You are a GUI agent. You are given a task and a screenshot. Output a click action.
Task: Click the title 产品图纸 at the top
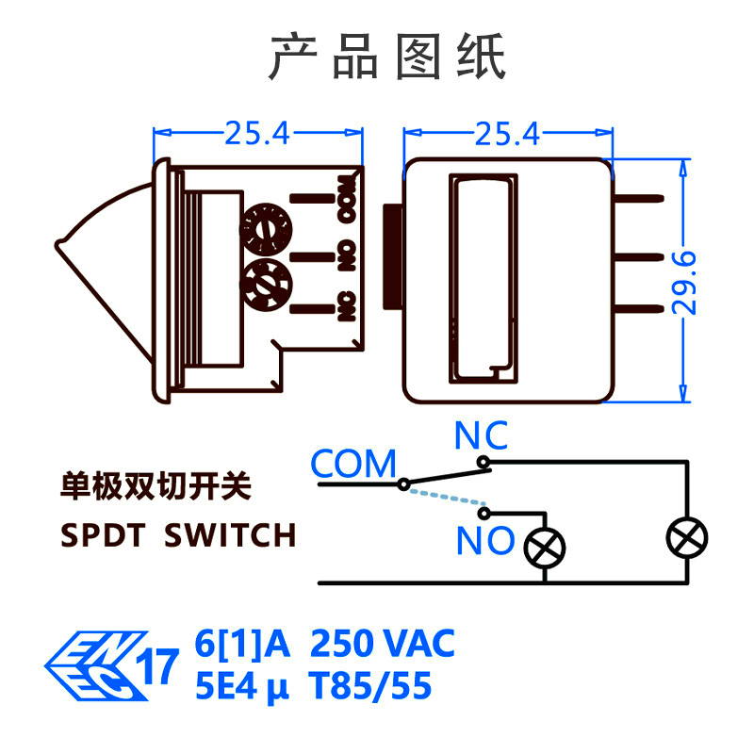[387, 57]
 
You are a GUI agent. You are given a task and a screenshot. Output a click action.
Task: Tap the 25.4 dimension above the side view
[257, 133]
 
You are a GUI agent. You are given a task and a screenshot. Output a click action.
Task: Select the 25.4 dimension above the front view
[507, 133]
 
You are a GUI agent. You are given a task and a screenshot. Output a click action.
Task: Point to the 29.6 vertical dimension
[683, 283]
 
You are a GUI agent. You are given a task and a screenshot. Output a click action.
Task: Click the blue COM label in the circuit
[353, 464]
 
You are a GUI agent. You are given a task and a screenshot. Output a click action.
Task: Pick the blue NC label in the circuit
[481, 435]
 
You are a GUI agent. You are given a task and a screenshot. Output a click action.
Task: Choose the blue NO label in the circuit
[485, 540]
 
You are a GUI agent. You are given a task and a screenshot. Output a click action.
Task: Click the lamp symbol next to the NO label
[545, 548]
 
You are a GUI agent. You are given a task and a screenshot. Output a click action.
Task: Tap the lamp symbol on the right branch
[687, 537]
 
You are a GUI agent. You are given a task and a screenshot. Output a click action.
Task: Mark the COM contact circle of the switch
[404, 484]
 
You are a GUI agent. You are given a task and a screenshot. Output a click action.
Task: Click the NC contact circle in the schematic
[484, 463]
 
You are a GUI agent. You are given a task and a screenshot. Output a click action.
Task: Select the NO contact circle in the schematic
[484, 513]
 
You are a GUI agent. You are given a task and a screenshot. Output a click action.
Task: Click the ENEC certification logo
[96, 665]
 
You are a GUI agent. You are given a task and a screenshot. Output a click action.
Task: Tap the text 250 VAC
[383, 643]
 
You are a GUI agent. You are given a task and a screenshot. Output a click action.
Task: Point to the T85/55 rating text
[370, 686]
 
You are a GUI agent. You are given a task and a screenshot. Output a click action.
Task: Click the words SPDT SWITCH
[178, 534]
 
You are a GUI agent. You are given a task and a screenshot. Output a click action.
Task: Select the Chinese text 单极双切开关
[156, 486]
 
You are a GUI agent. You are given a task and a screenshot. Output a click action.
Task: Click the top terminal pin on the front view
[639, 199]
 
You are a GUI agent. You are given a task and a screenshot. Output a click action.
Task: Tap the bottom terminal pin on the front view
[639, 309]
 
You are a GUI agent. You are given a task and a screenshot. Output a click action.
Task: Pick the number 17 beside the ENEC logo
[157, 666]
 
